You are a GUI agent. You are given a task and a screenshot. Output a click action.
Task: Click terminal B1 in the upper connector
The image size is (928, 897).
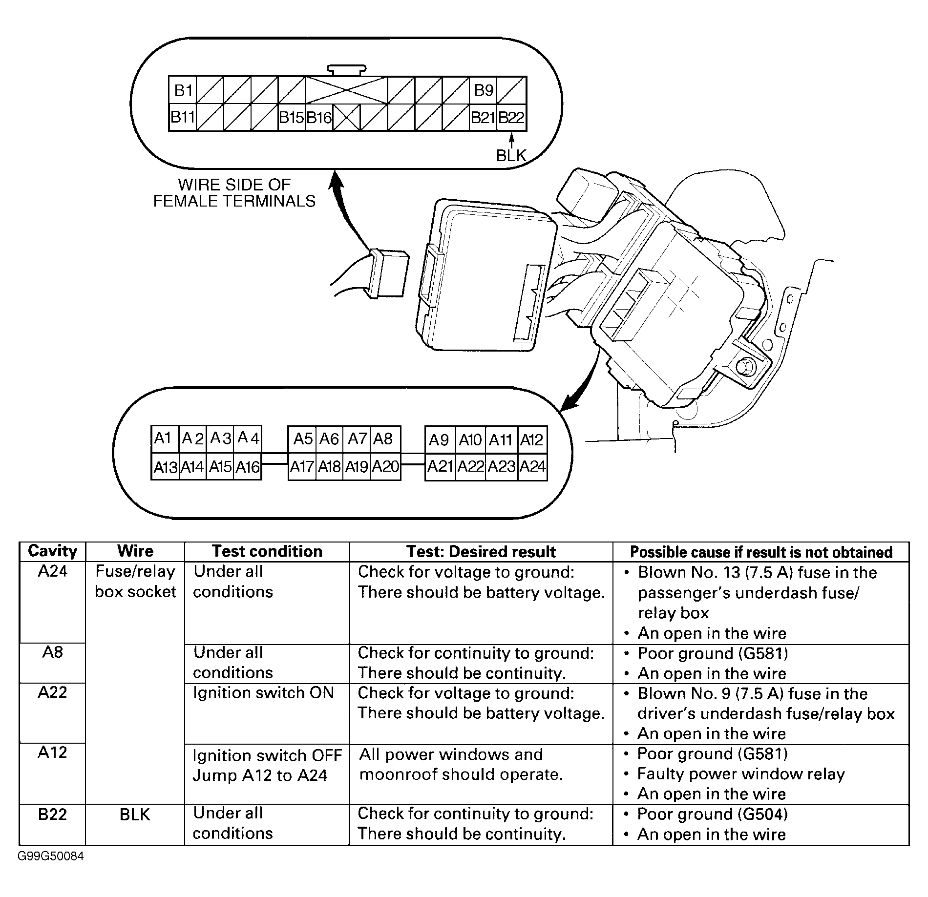coord(183,90)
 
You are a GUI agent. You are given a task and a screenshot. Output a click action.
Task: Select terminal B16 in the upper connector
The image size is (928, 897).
coord(319,118)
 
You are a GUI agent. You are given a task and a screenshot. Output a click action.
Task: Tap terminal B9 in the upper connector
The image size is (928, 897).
coord(484,90)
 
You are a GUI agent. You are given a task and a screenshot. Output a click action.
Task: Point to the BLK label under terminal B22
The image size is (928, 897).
coord(511,155)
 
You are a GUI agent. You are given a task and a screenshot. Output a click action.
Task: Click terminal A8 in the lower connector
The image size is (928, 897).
coord(383,439)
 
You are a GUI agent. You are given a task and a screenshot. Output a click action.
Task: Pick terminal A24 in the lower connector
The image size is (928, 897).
coord(532,467)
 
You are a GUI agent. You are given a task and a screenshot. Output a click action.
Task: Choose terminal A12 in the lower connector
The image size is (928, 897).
coord(532,440)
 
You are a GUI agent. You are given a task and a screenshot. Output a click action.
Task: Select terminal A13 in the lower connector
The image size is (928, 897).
coord(165,467)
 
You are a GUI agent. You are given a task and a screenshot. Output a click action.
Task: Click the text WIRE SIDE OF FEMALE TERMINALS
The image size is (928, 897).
coord(234,193)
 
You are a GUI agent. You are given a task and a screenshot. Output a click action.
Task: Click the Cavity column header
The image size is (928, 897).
coord(53,551)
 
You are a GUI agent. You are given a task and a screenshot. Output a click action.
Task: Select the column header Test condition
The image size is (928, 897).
coord(267,551)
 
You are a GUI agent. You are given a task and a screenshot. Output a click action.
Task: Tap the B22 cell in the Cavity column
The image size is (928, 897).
coord(52,814)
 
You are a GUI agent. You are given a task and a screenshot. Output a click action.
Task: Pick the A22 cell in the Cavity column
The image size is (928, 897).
coord(52,692)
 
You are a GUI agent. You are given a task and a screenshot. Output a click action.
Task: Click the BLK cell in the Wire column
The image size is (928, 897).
coord(135,814)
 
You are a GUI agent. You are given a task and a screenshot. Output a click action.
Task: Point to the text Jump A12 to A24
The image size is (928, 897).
coord(260,775)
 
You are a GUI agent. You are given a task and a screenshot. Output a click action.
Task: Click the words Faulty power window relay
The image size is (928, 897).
coord(741,774)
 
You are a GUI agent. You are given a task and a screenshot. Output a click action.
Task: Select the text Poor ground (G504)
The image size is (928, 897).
coord(713,814)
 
